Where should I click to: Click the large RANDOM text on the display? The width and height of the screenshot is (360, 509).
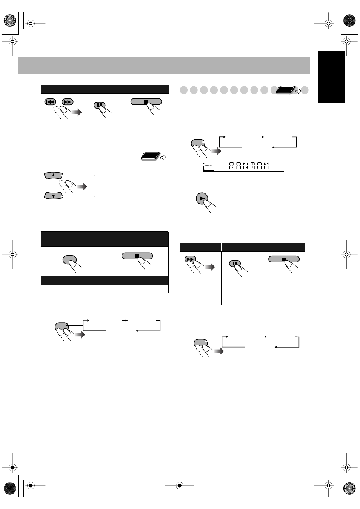pos(249,166)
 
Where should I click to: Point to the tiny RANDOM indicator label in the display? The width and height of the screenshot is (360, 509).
pos(208,166)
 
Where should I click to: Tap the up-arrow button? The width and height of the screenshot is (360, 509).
pos(54,175)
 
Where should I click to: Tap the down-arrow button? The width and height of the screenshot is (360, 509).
pos(54,196)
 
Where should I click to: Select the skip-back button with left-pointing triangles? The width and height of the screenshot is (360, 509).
pos(50,102)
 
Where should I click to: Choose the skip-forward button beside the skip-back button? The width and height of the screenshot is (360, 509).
pos(68,102)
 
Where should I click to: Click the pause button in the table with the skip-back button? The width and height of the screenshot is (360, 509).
pos(99,105)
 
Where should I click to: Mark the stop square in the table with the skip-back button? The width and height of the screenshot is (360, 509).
pos(146,102)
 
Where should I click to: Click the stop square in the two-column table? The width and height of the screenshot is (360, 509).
pos(137,256)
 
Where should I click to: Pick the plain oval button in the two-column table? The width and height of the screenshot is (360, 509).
pos(69,260)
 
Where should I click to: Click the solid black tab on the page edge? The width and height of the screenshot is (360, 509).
pos(331,77)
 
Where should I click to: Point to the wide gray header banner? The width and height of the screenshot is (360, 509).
pos(164,65)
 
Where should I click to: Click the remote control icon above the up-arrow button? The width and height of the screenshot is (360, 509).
pos(153,156)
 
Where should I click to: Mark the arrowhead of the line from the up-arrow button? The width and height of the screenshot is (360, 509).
pos(94,175)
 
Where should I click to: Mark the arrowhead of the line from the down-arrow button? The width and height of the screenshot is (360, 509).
pos(94,196)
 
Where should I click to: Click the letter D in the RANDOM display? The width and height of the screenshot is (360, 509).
pos(253,166)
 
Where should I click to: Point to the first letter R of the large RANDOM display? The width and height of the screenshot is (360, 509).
pos(232,166)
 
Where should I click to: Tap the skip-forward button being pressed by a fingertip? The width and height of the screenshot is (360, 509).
pos(190,259)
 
